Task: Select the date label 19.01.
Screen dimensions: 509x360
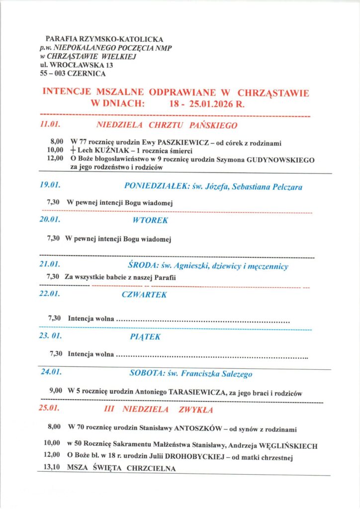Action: point(50,185)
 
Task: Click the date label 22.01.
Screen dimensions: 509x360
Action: point(50,294)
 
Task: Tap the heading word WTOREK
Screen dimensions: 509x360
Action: point(150,220)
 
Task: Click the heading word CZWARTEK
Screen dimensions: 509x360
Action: point(144,295)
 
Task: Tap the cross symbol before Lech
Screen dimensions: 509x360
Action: point(74,151)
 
